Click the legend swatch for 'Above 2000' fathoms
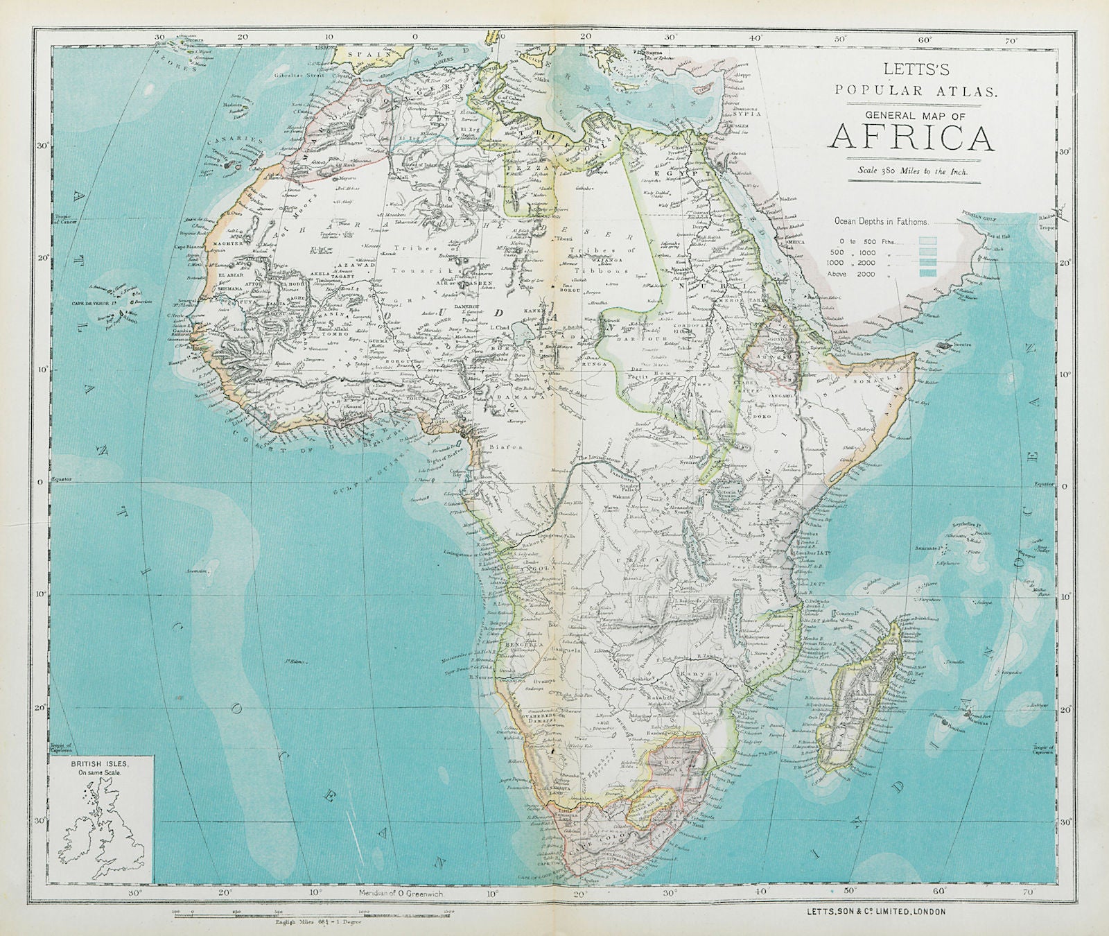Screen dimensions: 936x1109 pyautogui.click(x=927, y=274)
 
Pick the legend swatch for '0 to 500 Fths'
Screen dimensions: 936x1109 pyautogui.click(x=927, y=241)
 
